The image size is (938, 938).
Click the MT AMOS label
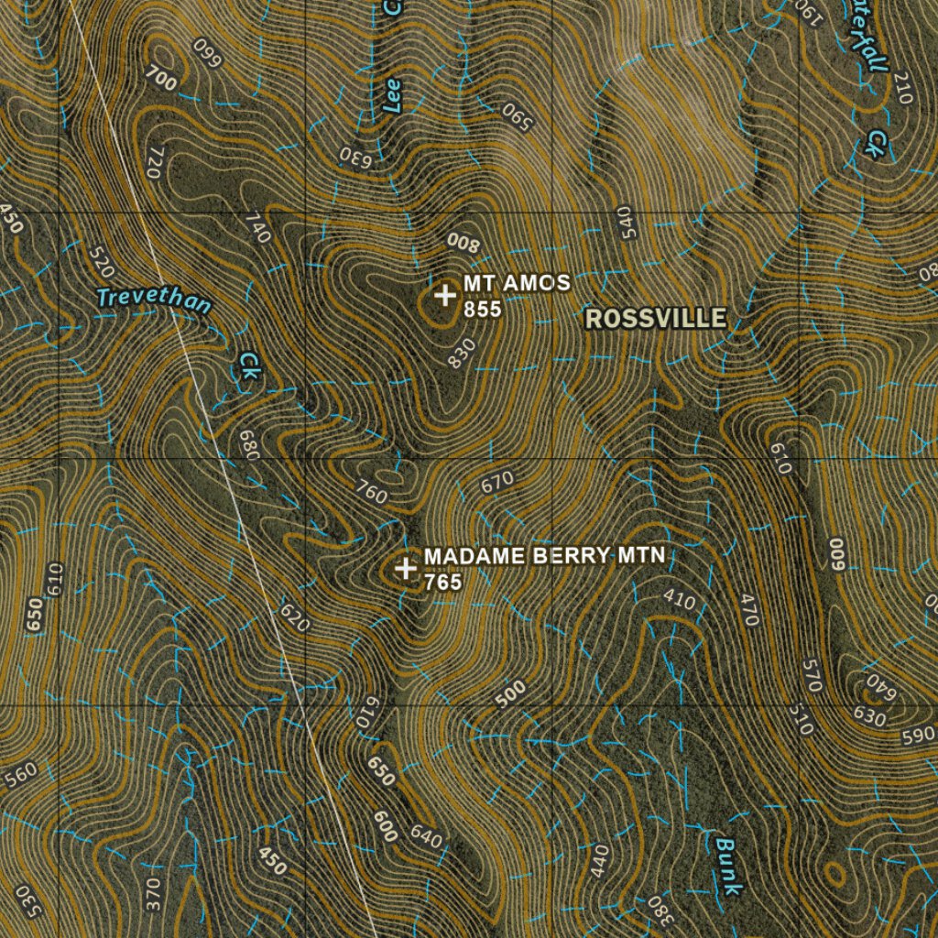[517, 284]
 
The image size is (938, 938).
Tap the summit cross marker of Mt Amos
[445, 295]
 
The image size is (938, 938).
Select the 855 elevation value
[483, 310]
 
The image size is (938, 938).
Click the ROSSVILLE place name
[656, 319]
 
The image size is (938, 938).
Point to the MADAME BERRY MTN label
[544, 557]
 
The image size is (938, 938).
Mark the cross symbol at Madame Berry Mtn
[405, 569]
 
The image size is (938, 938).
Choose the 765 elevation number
[443, 582]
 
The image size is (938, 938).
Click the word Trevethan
[154, 300]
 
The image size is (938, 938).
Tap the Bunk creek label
[728, 867]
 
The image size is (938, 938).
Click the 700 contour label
[160, 80]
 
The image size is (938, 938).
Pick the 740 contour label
[258, 228]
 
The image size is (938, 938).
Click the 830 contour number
[462, 354]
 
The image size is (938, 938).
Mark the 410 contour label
[679, 601]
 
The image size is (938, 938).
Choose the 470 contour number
[749, 611]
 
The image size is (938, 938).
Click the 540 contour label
[626, 222]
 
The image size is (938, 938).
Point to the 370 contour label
[153, 889]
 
